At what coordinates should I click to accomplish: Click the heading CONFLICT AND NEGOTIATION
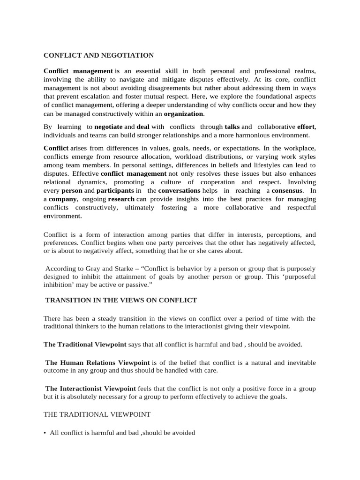coord(98,55)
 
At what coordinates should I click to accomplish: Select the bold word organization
coord(183,114)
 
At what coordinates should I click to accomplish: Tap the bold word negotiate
coord(108,127)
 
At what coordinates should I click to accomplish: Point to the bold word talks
coord(232,127)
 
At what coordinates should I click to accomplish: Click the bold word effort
coord(305,127)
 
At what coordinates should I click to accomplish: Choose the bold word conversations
coord(179,191)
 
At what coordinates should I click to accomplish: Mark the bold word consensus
coord(287,191)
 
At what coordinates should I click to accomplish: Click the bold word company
coord(63,199)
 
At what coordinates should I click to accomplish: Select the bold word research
coord(121,199)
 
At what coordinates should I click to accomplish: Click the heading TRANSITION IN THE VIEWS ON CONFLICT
coord(121,300)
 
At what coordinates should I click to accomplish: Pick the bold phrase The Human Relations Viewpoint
coord(97,363)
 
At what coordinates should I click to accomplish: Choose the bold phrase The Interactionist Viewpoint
coord(90,389)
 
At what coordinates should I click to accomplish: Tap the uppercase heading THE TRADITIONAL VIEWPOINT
coord(97,414)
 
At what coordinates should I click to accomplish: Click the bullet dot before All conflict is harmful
coord(45,433)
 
